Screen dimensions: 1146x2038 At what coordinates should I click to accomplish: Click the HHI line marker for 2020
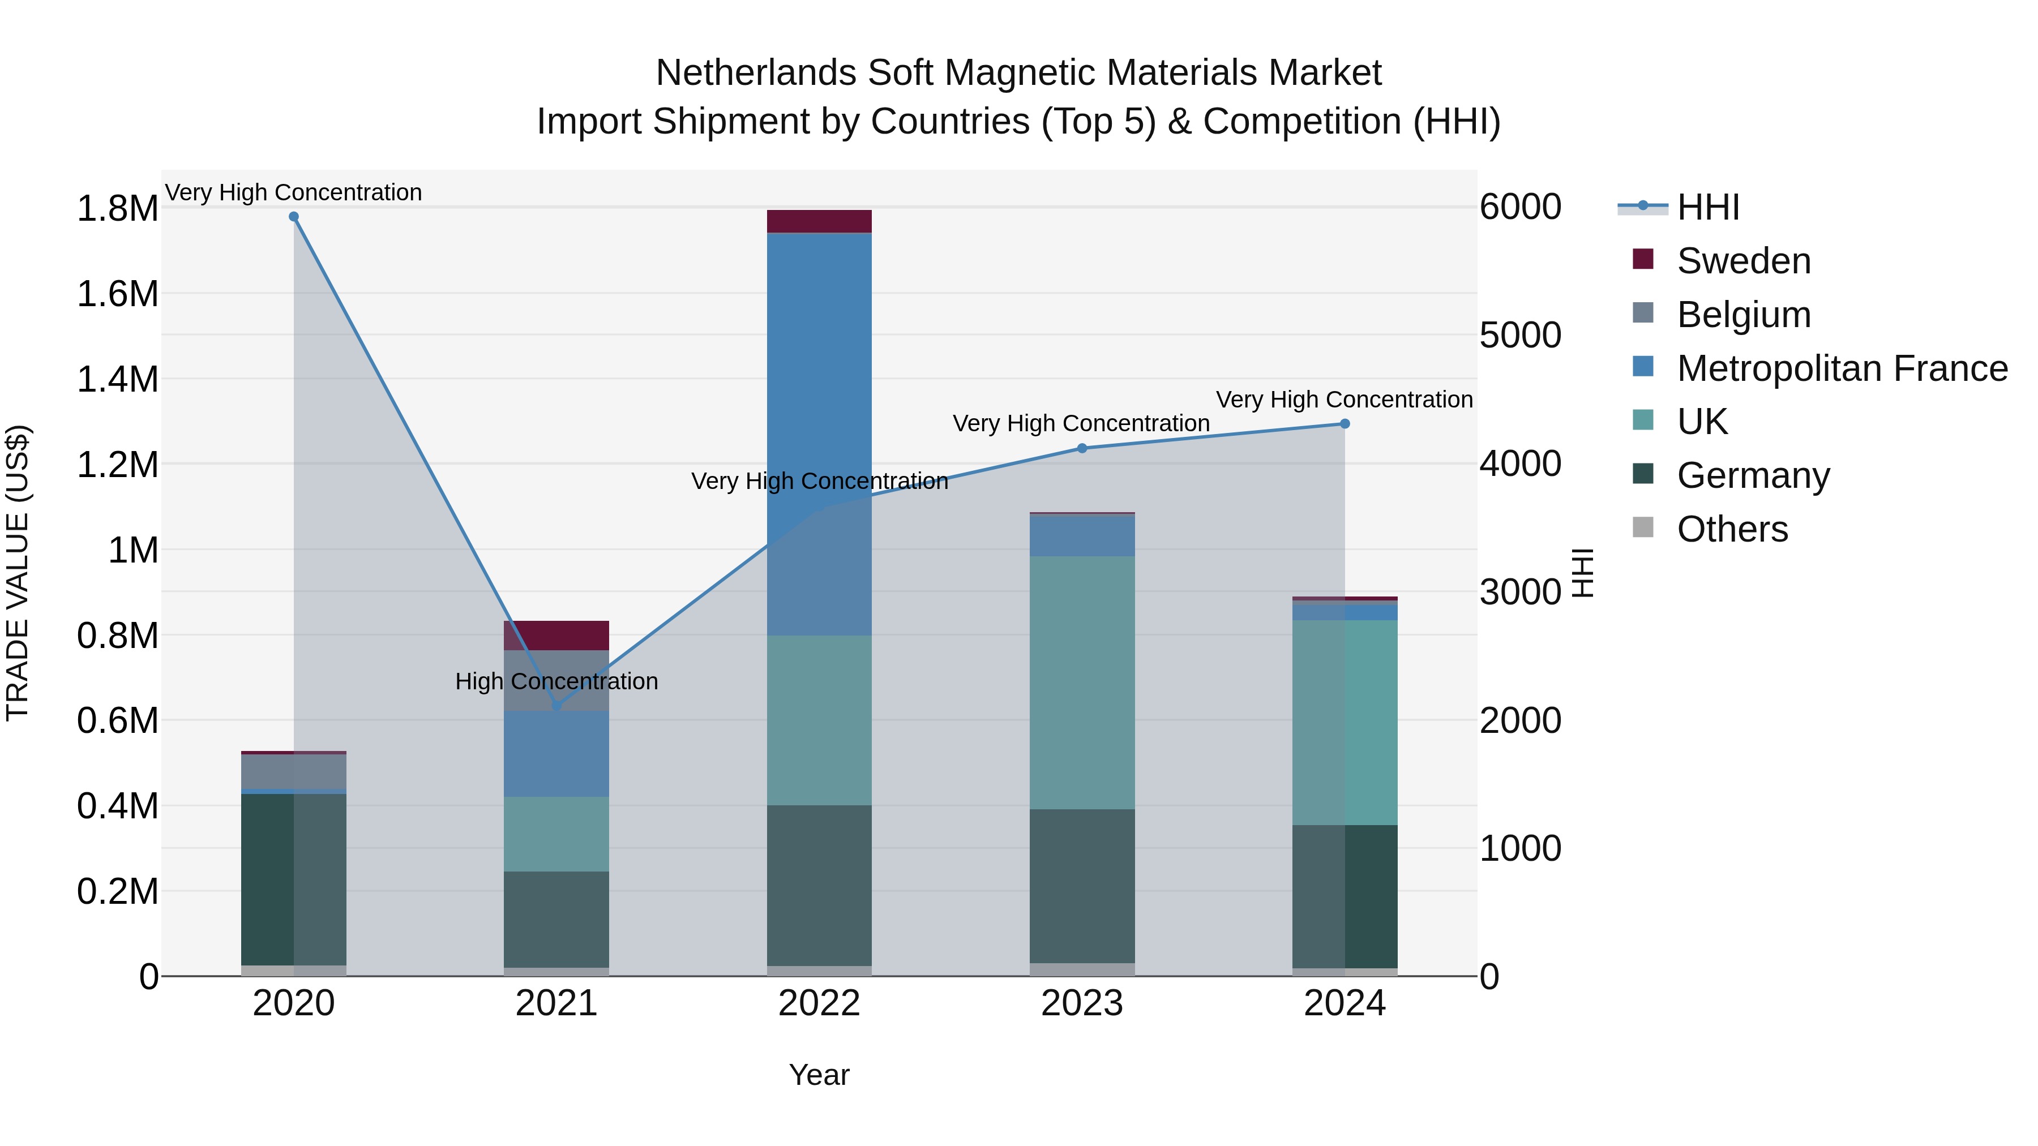point(293,217)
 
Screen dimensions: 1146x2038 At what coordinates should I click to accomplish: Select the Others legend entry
point(1731,529)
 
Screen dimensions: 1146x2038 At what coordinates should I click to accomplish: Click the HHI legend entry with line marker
point(1707,207)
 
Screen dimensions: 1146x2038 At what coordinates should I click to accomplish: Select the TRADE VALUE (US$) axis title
point(18,573)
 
